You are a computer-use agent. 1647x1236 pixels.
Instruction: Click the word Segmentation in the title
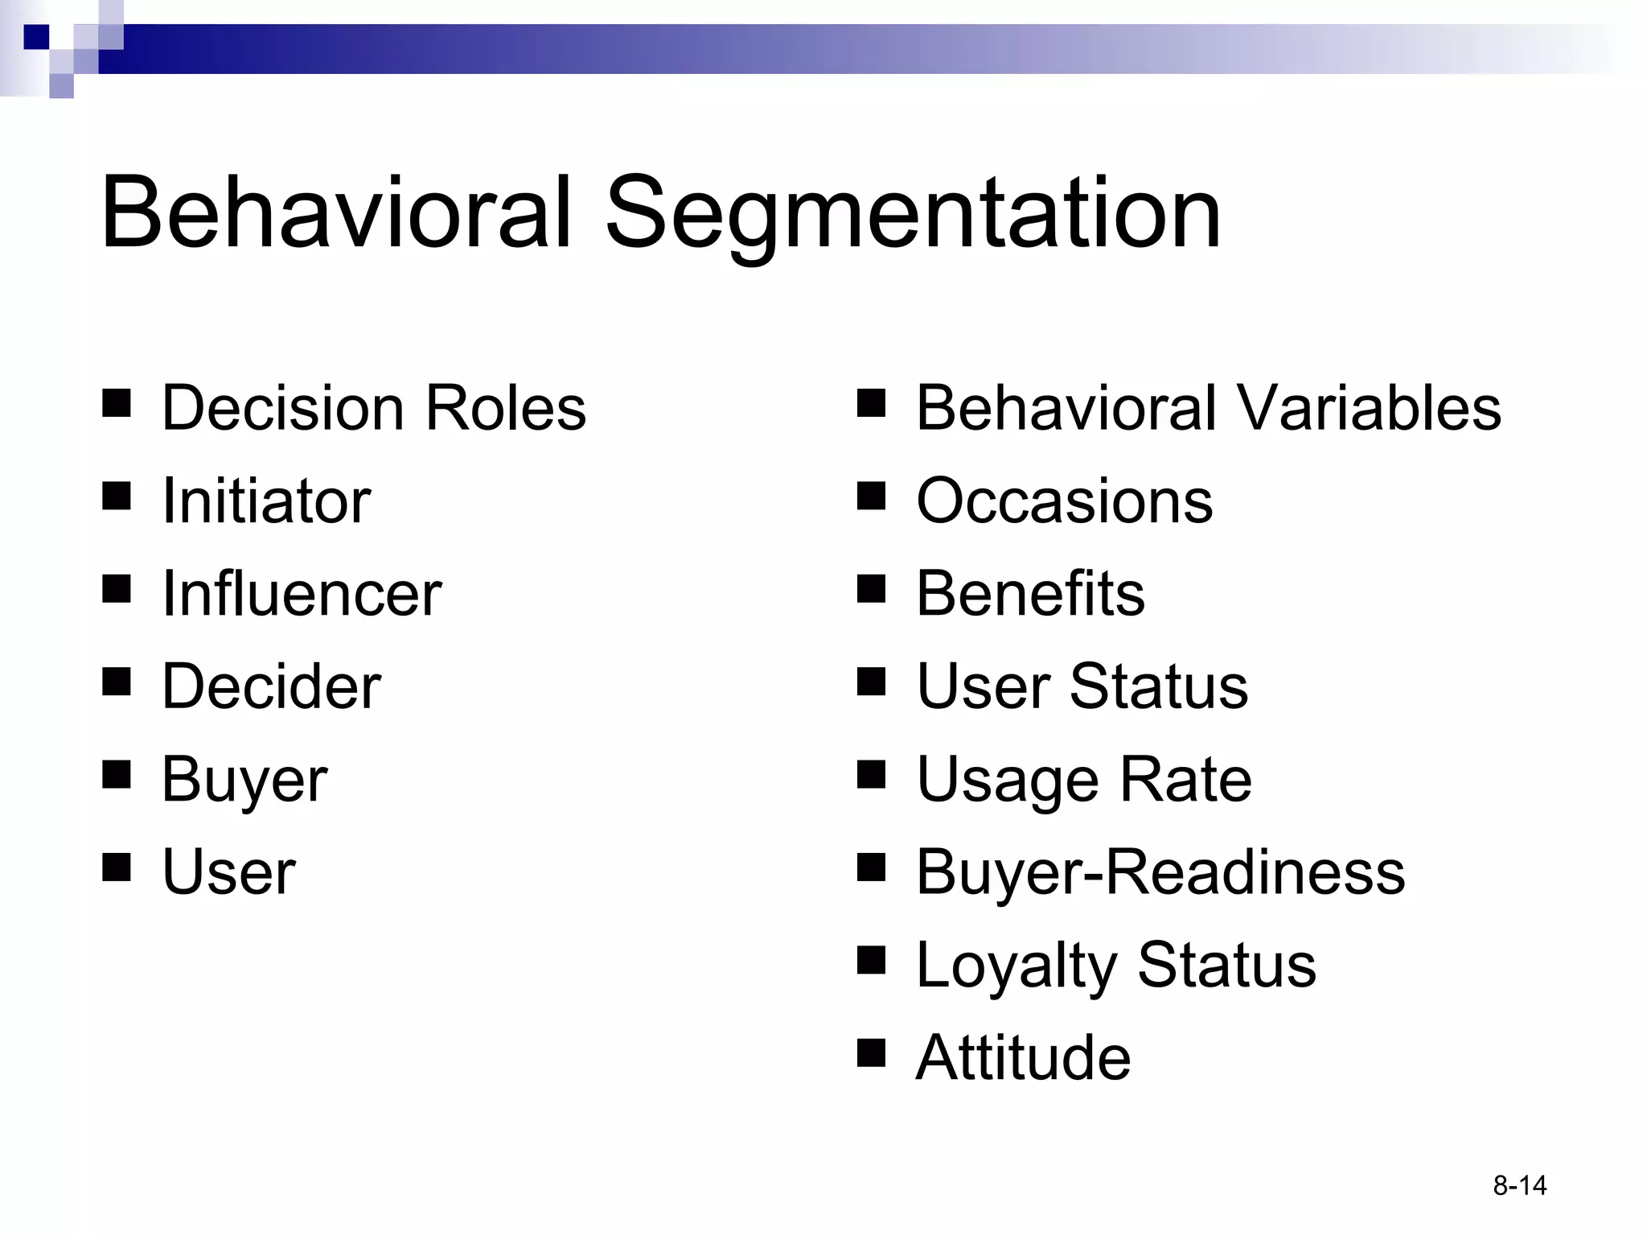(913, 216)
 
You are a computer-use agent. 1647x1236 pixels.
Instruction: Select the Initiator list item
(266, 501)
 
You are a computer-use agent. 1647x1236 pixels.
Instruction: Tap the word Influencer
(302, 594)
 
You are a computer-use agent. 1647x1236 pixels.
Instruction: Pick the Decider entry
(271, 686)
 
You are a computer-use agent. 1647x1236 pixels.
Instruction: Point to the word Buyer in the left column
(244, 780)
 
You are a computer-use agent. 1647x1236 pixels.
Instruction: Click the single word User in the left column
(228, 872)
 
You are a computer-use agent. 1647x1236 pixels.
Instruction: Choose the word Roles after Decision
(505, 408)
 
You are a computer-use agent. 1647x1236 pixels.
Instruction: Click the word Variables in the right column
(1366, 408)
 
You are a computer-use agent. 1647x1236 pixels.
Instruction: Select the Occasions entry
(1064, 501)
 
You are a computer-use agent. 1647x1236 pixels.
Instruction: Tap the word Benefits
(1030, 594)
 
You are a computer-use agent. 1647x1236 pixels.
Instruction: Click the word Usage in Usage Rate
(1008, 780)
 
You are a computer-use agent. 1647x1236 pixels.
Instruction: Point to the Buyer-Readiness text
(1160, 872)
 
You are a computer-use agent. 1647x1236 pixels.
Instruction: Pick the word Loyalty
(1016, 965)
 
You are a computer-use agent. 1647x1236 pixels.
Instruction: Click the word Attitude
(1023, 1057)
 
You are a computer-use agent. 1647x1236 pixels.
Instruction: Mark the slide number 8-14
(1519, 1185)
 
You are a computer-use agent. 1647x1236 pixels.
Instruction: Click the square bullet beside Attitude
(871, 1052)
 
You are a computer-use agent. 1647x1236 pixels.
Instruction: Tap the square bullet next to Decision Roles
(117, 402)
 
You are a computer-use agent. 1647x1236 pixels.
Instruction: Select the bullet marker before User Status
(871, 681)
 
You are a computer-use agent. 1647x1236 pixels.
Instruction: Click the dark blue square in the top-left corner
(36, 37)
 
